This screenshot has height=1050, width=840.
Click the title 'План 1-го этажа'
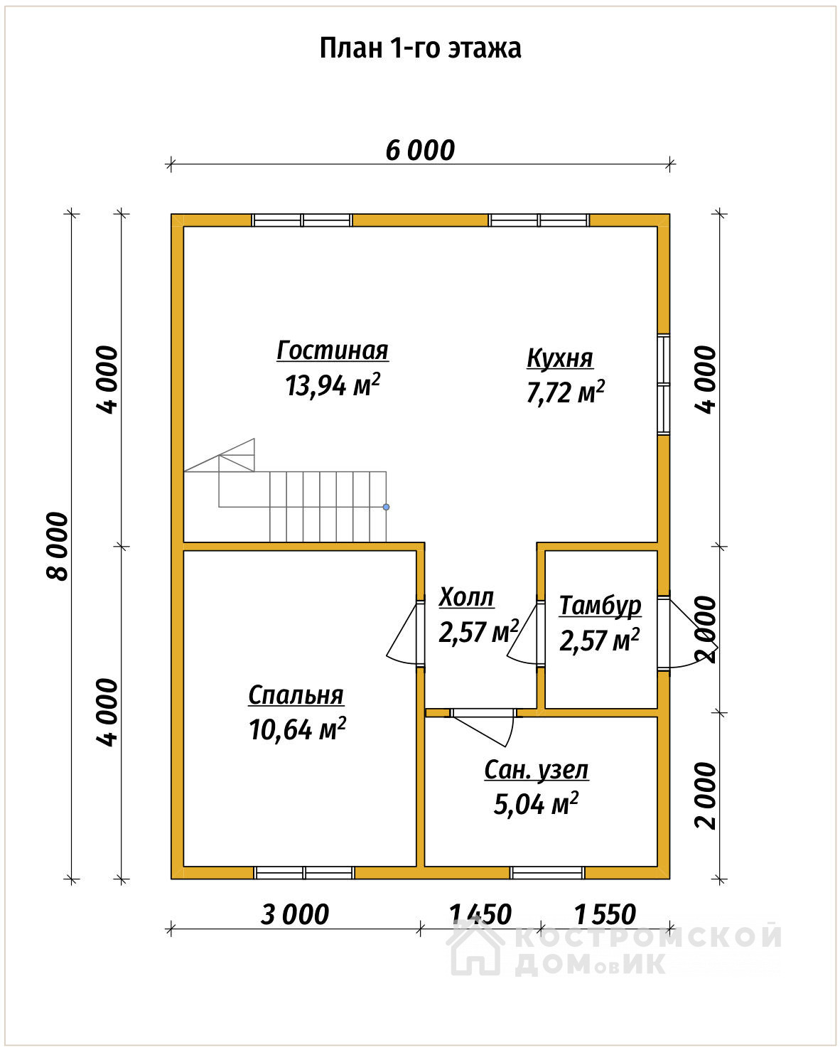(420, 49)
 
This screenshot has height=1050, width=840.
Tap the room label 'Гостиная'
(332, 350)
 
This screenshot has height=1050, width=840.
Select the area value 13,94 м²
(332, 385)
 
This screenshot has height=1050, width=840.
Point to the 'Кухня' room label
(560, 358)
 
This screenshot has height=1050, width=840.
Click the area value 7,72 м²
(566, 392)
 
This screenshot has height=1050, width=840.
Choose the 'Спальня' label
(296, 695)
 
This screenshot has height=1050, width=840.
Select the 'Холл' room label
(466, 597)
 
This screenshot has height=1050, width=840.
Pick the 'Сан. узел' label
(536, 771)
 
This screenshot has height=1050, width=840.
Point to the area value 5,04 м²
(536, 804)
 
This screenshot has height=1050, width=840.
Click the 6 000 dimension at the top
(420, 150)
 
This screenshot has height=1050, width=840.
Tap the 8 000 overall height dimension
(58, 547)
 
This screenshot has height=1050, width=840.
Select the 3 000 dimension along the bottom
(295, 914)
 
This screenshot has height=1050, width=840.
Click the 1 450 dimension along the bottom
(480, 914)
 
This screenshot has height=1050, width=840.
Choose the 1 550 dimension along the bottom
(605, 914)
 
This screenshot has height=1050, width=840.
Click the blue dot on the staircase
(387, 508)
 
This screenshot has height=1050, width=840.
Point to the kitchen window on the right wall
(664, 385)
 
